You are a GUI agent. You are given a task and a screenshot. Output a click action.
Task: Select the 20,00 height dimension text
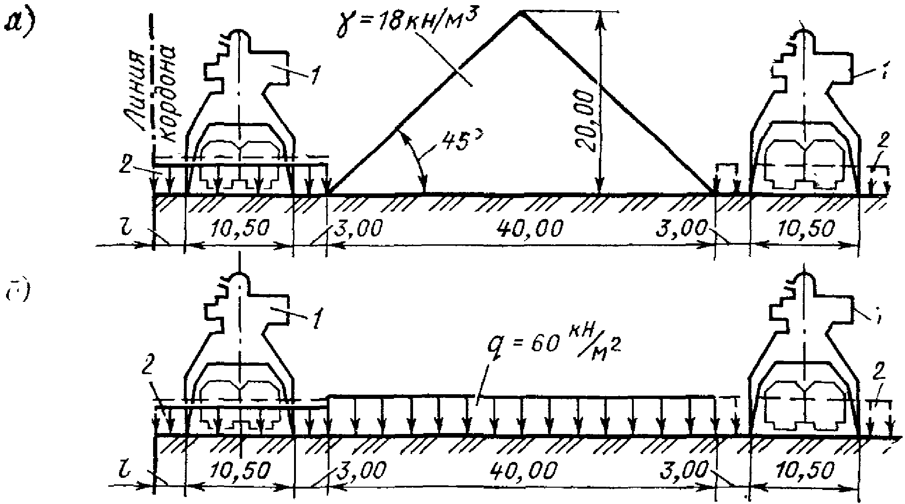pos(585,121)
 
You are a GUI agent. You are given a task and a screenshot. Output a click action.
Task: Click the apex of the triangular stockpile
pos(519,13)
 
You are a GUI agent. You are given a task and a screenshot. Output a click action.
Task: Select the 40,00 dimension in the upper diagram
pos(530,229)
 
